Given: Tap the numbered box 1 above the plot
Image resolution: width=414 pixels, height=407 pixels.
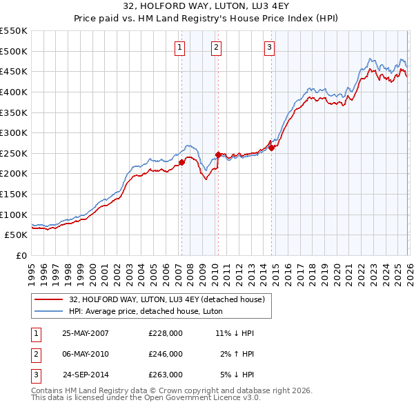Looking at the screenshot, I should pos(179,48).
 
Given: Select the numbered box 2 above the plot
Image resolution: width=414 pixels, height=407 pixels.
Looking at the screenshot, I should pos(216,48).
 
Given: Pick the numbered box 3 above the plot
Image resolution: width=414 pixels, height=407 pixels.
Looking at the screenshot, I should pos(269,48).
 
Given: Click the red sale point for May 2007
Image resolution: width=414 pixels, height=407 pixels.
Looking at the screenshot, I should pos(181,162).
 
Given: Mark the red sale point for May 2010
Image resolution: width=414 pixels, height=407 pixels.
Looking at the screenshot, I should pos(218,155).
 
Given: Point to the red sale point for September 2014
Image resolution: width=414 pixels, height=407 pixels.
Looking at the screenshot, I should pos(271,148).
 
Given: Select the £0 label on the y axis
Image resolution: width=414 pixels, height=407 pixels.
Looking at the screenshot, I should pos(21,255).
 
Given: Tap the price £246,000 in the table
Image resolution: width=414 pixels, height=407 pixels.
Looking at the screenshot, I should pos(166,354).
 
